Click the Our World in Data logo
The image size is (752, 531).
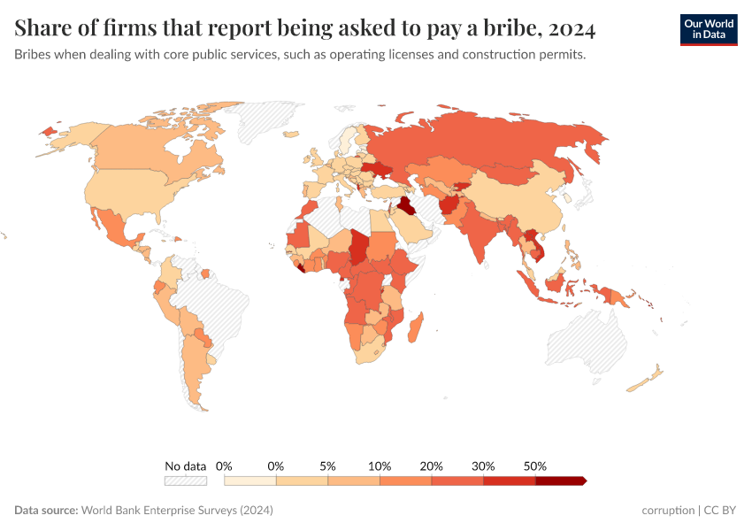[x=708, y=29]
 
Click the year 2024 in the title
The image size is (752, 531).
[x=572, y=29]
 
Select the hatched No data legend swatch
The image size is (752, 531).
[x=185, y=481]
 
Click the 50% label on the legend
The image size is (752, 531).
[x=535, y=466]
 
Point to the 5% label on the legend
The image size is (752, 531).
[x=328, y=466]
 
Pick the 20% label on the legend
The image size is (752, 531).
[x=432, y=466]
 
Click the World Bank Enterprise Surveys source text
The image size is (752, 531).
[x=176, y=511]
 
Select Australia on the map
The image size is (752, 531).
[x=588, y=341]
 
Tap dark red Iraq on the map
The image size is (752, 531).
[x=405, y=207]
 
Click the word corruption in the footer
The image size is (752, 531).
[x=668, y=511]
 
